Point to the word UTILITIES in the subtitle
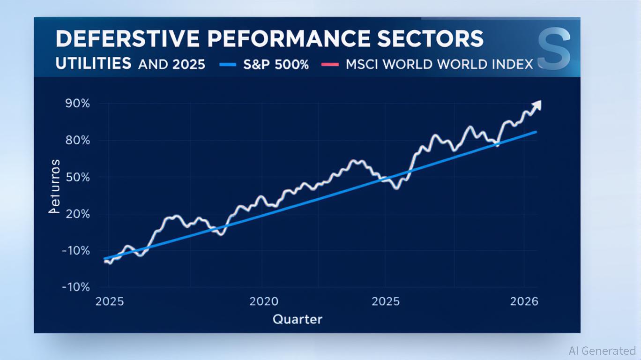pyautogui.click(x=93, y=64)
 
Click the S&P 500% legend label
pyautogui.click(x=276, y=64)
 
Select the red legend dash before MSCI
pyautogui.click(x=330, y=65)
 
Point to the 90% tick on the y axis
pyautogui.click(x=77, y=104)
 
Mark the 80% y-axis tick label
pyautogui.click(x=77, y=140)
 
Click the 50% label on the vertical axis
pyautogui.click(x=77, y=177)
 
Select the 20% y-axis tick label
pyautogui.click(x=77, y=214)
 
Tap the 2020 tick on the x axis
pyautogui.click(x=264, y=301)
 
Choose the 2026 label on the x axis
pyautogui.click(x=524, y=301)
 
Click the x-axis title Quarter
pyautogui.click(x=298, y=320)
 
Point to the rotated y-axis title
pyautogui.click(x=55, y=186)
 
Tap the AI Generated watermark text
pyautogui.click(x=602, y=351)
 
